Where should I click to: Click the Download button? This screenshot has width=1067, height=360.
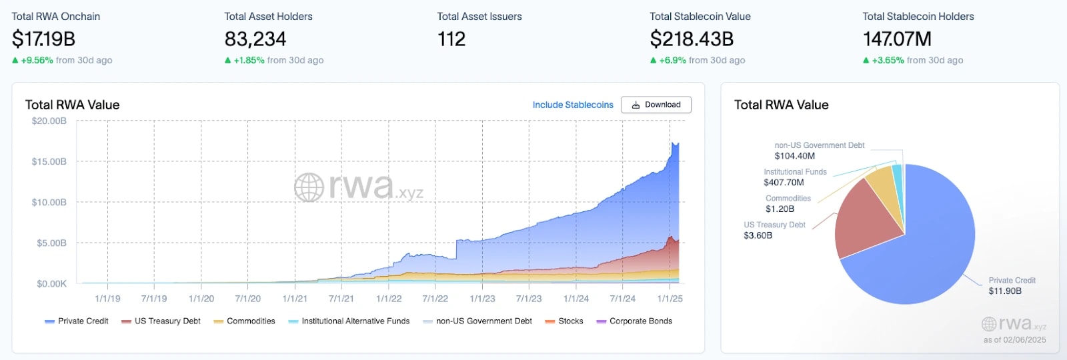tap(656, 105)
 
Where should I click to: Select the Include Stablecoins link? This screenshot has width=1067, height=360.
tap(573, 105)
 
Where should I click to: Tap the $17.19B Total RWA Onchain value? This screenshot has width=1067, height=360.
tap(43, 39)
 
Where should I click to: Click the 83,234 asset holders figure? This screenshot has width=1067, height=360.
tap(255, 39)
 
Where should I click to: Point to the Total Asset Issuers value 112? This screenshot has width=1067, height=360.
tap(451, 39)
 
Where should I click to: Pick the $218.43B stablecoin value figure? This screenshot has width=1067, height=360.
tap(692, 39)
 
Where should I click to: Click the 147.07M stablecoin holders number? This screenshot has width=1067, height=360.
tap(897, 39)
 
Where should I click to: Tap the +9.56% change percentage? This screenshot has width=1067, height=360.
tap(37, 61)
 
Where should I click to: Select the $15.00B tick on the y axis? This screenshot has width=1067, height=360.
tap(49, 162)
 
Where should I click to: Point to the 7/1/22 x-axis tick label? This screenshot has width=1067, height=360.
tap(435, 299)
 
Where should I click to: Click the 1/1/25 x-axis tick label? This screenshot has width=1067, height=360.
tap(670, 299)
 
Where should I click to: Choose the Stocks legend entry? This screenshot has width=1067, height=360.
tap(570, 321)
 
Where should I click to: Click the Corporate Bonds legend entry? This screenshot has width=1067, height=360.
tap(640, 321)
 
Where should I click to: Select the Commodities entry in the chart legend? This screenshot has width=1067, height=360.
tap(251, 321)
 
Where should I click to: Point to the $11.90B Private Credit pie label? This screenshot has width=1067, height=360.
tap(1005, 291)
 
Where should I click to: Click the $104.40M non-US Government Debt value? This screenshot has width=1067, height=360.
tap(794, 156)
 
